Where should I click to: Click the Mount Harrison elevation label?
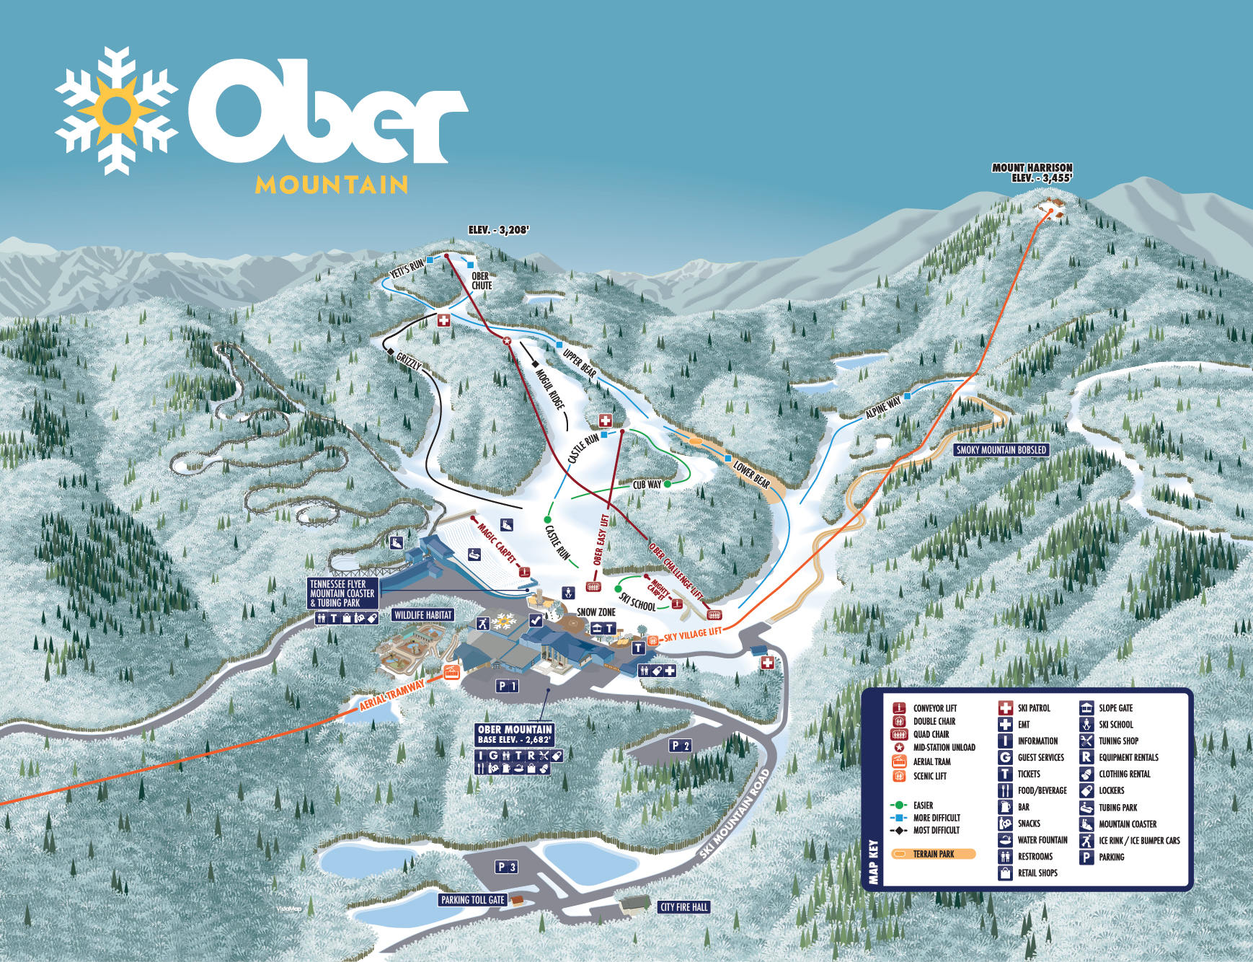[1032, 173]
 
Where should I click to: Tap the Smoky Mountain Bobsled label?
[1001, 450]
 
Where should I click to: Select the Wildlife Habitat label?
[423, 615]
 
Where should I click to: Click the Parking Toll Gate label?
[472, 900]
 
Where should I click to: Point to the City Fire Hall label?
[683, 907]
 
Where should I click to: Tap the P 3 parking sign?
[506, 867]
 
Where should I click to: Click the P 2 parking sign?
[680, 746]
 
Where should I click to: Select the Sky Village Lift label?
[692, 635]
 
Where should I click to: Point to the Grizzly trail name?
[409, 361]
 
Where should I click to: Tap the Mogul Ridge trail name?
[549, 389]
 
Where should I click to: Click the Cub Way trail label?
[647, 485]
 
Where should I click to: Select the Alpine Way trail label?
[882, 407]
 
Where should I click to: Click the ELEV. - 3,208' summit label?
[498, 230]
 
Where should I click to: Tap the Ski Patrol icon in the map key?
[1005, 708]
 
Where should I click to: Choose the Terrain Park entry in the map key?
[933, 854]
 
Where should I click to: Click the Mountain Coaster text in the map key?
[1128, 824]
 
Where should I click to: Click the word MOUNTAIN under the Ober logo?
[332, 185]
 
